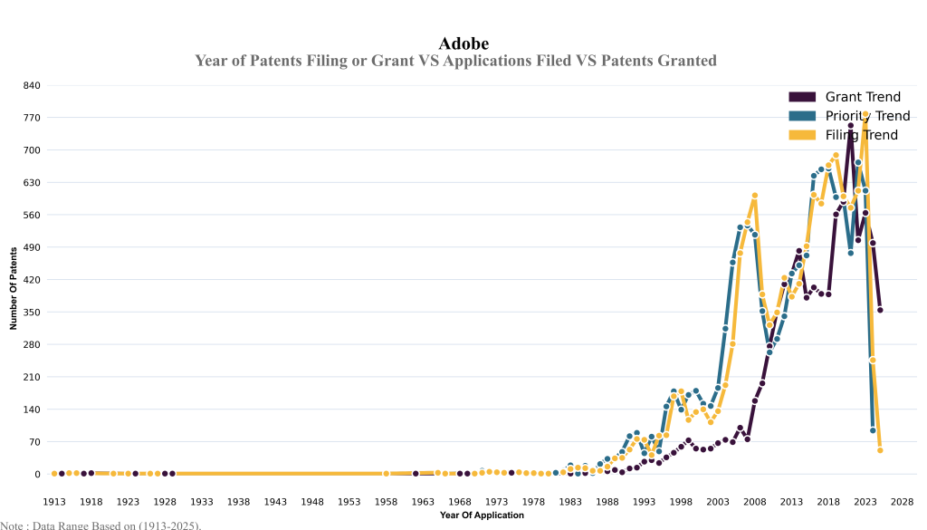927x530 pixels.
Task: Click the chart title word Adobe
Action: pos(463,43)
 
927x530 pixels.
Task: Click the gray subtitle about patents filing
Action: pos(455,61)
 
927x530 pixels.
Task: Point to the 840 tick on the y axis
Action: pos(32,85)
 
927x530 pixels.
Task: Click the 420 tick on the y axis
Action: pos(32,280)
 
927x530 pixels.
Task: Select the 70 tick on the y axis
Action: pos(33,442)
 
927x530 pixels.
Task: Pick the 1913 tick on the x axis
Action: pos(54,501)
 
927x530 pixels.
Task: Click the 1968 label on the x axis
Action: pos(460,501)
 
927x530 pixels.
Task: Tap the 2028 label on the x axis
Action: pos(903,501)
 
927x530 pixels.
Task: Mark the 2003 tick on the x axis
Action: pos(718,501)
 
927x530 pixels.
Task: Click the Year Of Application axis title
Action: pos(482,516)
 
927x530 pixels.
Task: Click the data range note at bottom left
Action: pos(100,525)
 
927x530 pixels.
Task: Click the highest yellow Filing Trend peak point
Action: pos(865,115)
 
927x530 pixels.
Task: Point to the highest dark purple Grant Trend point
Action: pos(851,126)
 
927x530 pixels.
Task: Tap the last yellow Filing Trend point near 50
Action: pos(880,450)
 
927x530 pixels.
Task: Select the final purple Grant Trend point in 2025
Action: pos(880,310)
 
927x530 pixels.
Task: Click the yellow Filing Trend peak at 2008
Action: pos(754,196)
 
